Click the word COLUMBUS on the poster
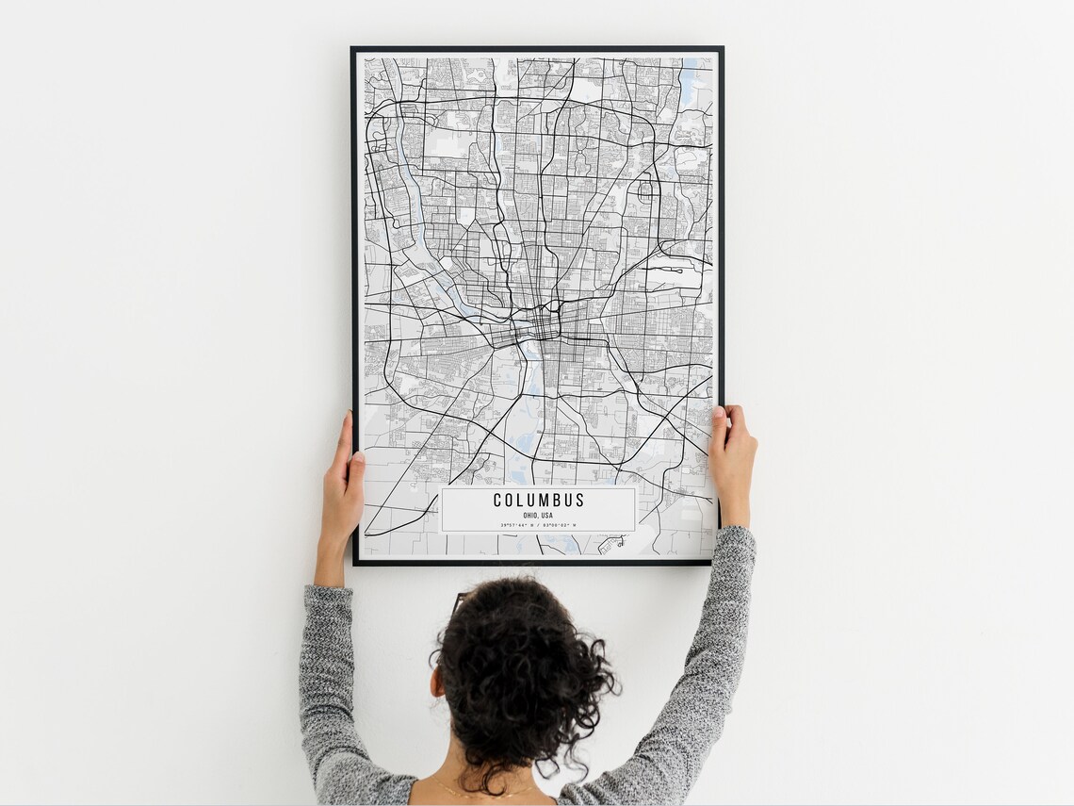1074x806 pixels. (538, 501)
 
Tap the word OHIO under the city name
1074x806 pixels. (529, 516)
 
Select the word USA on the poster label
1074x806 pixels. (547, 516)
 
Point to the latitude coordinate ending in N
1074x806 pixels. (517, 525)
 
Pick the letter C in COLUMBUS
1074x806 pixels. (497, 501)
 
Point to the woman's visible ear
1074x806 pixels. (436, 681)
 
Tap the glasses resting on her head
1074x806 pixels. (459, 601)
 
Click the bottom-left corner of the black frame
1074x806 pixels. (355, 563)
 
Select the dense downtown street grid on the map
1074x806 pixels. (545, 325)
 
